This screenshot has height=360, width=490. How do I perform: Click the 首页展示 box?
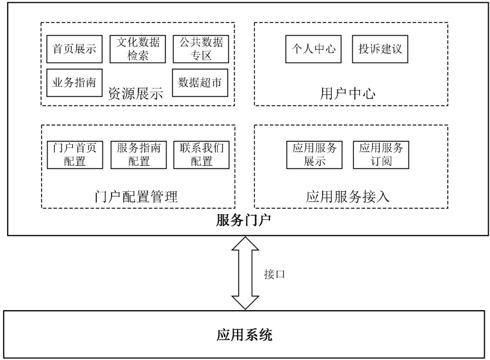coord(75,49)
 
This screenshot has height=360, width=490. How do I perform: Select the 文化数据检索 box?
coord(139,49)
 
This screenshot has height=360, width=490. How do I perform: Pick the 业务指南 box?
coord(75,83)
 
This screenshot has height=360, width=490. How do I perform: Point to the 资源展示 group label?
coord(135,93)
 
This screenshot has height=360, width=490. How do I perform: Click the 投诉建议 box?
coord(380,49)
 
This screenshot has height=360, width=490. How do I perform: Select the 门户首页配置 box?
coord(75,154)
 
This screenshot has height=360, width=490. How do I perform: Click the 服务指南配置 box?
coord(139,154)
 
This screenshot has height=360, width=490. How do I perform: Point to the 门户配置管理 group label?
coord(136,197)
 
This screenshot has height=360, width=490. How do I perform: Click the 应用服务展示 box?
coord(314,154)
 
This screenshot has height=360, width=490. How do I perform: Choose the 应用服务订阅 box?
coord(380,154)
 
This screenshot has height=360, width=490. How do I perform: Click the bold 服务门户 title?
coord(244,221)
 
